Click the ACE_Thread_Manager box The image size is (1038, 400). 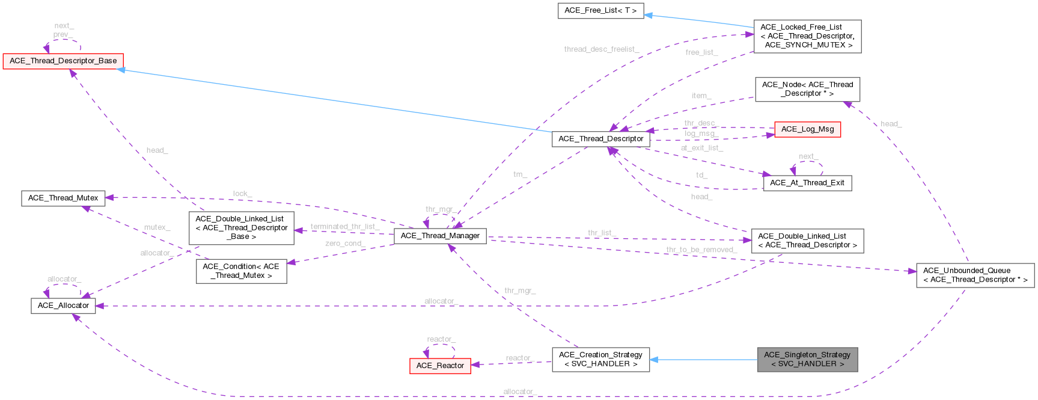440,236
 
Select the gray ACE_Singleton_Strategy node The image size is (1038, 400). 807,359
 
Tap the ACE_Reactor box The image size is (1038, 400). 440,366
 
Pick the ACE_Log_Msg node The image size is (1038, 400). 807,129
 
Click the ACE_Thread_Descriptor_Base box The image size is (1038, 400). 63,61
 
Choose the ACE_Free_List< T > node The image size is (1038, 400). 601,11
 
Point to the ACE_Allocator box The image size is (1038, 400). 63,306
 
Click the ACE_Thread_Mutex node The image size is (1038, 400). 63,198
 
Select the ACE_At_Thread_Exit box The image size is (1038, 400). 807,183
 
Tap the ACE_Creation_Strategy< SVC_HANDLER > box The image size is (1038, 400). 600,359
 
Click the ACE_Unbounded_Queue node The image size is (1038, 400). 975,275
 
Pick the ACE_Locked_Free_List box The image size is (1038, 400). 807,36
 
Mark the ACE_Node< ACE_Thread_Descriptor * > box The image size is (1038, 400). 807,89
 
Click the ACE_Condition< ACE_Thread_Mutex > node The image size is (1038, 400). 241,271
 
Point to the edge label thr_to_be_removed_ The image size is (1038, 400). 701,250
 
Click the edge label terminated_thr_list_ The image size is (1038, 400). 344,227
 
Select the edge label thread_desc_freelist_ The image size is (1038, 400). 601,49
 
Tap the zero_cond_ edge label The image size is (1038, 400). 344,244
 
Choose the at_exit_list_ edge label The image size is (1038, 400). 701,147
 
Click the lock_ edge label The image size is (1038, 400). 242,194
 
